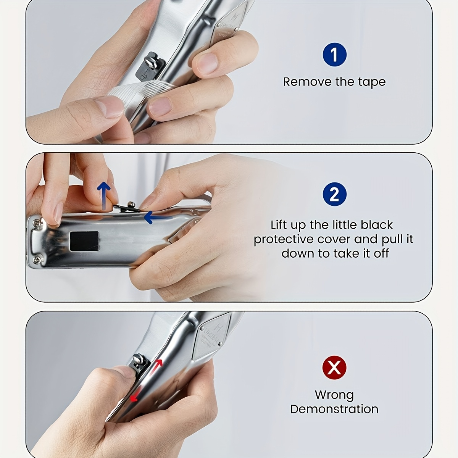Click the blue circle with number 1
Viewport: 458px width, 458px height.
coord(334,55)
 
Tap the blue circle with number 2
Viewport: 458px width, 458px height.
coord(334,194)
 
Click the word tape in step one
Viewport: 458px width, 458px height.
coord(372,82)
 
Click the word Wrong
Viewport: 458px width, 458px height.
coord(334,395)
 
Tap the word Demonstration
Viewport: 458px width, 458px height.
coord(334,410)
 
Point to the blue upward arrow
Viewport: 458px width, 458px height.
coord(104,196)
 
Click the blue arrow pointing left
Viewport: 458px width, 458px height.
coord(158,217)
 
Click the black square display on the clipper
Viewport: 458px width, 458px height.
coord(84,241)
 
